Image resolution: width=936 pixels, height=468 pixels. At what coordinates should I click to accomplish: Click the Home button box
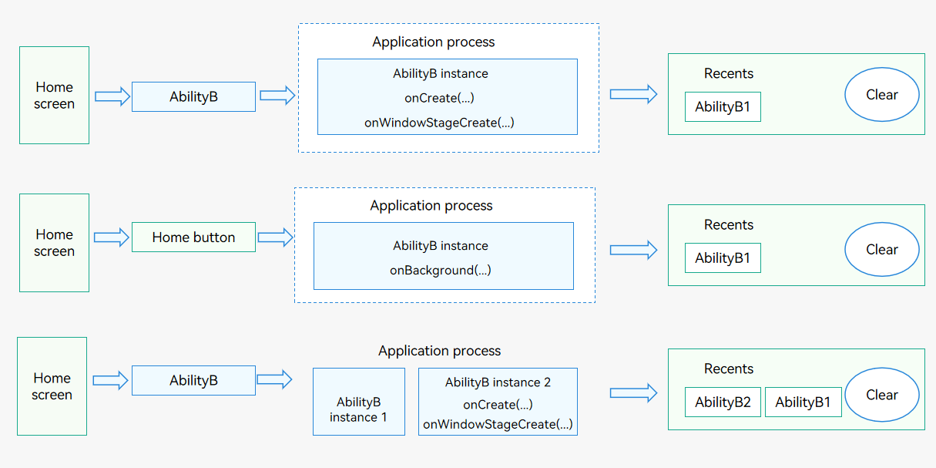pyautogui.click(x=193, y=237)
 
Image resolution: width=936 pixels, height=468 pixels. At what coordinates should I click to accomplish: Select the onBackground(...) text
pyautogui.click(x=441, y=270)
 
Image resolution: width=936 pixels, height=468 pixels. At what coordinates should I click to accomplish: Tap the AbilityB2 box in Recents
pyautogui.click(x=723, y=402)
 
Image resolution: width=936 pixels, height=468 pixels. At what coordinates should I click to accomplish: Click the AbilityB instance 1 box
pyautogui.click(x=359, y=402)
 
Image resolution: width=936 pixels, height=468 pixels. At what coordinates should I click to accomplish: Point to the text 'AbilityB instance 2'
pyautogui.click(x=498, y=382)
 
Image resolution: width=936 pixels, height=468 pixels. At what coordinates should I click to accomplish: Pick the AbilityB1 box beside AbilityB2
pyautogui.click(x=803, y=402)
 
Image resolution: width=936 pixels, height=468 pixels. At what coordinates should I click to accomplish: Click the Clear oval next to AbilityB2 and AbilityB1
pyautogui.click(x=881, y=395)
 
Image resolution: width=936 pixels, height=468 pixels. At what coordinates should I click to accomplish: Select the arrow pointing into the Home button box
pyautogui.click(x=112, y=237)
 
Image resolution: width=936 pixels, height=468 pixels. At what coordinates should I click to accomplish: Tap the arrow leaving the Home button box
pyautogui.click(x=275, y=237)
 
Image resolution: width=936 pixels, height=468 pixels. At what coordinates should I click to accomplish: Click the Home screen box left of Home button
pyautogui.click(x=55, y=243)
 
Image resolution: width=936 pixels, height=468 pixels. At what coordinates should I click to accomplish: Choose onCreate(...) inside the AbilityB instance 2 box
pyautogui.click(x=498, y=405)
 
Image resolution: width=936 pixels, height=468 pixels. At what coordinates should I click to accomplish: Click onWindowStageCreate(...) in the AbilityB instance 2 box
pyautogui.click(x=498, y=424)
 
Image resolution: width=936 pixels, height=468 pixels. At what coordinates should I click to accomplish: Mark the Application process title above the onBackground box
pyautogui.click(x=431, y=205)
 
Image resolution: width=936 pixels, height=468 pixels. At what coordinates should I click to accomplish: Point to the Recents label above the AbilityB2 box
pyautogui.click(x=728, y=369)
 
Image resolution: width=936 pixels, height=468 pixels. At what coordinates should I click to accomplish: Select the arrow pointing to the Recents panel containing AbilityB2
pyautogui.click(x=633, y=392)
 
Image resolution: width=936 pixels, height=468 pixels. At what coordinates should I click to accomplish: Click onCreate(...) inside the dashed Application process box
pyautogui.click(x=439, y=98)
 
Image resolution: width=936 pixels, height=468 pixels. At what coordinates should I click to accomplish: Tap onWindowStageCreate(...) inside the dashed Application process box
pyautogui.click(x=439, y=123)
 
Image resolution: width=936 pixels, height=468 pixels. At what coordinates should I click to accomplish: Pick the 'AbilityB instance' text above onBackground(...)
pyautogui.click(x=441, y=245)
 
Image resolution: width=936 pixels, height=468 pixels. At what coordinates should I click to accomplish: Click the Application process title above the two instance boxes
pyautogui.click(x=439, y=351)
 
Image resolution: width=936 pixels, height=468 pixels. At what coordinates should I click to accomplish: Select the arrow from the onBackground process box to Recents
pyautogui.click(x=633, y=250)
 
